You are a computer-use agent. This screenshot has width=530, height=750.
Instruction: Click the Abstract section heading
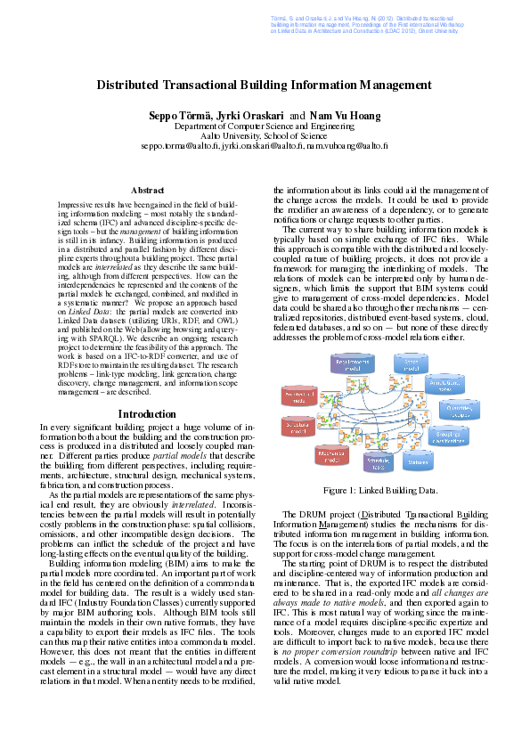tap(147, 191)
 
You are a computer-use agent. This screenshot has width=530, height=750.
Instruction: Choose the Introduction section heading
tap(147, 414)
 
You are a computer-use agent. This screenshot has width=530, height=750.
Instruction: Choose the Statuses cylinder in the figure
tap(417, 461)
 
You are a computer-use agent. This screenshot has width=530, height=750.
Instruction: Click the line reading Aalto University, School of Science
tap(264, 136)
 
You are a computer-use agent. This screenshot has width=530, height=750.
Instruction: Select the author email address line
tap(264, 145)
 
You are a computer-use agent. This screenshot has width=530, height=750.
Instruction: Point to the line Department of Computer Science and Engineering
tap(264, 127)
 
